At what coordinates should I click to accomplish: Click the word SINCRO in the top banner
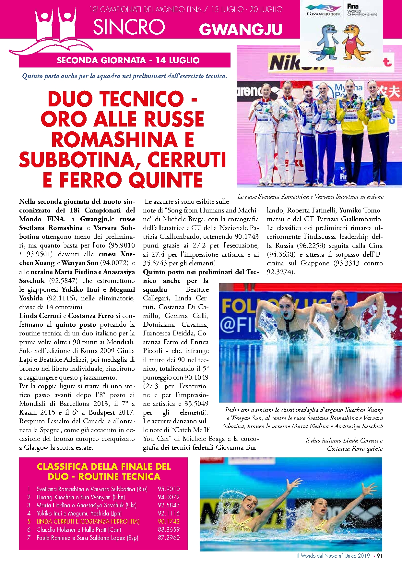pyautogui.click(x=129, y=27)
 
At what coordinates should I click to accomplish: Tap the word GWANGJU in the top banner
pyautogui.click(x=241, y=30)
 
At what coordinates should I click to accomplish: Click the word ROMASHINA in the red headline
pyautogui.click(x=114, y=139)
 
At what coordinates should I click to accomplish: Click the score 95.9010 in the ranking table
pyautogui.click(x=169, y=489)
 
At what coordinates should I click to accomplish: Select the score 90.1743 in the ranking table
pyautogui.click(x=169, y=521)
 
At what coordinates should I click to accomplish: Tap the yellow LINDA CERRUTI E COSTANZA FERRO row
pyautogui.click(x=88, y=521)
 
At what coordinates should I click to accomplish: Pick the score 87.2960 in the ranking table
pyautogui.click(x=169, y=538)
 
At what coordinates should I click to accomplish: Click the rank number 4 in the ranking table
pyautogui.click(x=29, y=513)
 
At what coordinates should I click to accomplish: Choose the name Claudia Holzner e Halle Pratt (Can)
pyautogui.click(x=79, y=529)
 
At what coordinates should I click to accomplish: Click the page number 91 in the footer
pyautogui.click(x=380, y=556)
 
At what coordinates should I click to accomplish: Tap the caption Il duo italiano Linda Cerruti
pyautogui.click(x=344, y=444)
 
